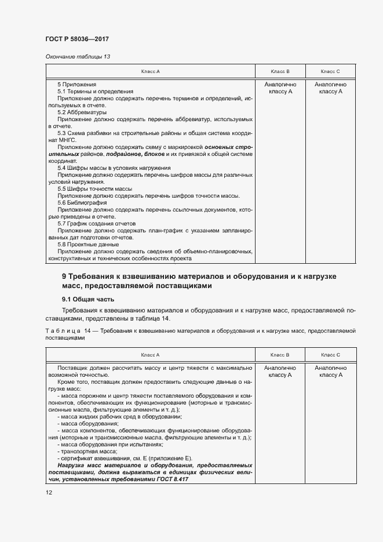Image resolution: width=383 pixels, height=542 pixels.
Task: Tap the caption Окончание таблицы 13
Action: pyautogui.click(x=77, y=56)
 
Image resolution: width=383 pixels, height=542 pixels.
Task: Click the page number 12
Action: pyautogui.click(x=49, y=492)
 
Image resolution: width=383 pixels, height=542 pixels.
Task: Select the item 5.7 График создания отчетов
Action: pyautogui.click(x=96, y=223)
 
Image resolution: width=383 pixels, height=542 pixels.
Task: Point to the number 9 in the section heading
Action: pyautogui.click(x=64, y=277)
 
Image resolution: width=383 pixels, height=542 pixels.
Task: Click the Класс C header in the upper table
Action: pyautogui.click(x=330, y=71)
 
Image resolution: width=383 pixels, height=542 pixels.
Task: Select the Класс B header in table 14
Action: pyautogui.click(x=280, y=354)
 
